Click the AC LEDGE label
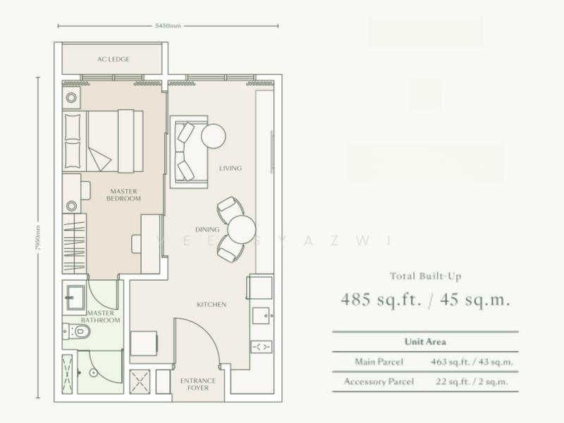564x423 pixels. click(x=114, y=59)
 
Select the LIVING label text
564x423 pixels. click(x=231, y=168)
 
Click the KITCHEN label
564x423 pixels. click(x=211, y=305)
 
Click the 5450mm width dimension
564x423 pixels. click(x=168, y=27)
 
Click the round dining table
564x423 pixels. click(x=241, y=228)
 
